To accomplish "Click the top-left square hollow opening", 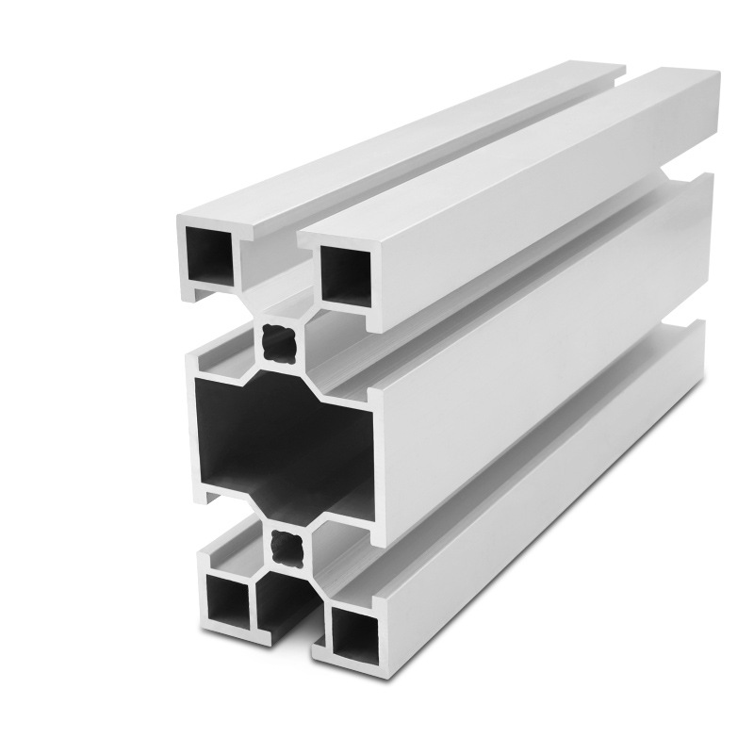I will pyautogui.click(x=209, y=254).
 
